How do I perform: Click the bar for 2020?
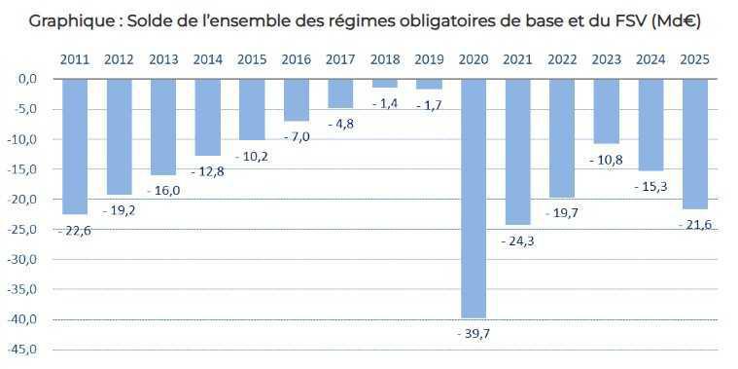[473, 198]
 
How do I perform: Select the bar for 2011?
[75, 146]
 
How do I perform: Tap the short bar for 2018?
[384, 83]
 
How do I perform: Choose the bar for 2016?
[296, 99]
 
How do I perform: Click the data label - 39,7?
[473, 334]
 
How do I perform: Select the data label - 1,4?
[384, 102]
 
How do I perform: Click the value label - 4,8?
[340, 124]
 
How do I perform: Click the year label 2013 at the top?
[163, 59]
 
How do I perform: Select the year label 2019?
[429, 59]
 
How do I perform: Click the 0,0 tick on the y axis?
[28, 79]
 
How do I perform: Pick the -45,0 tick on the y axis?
[25, 350]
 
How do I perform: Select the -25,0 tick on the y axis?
[25, 230]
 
